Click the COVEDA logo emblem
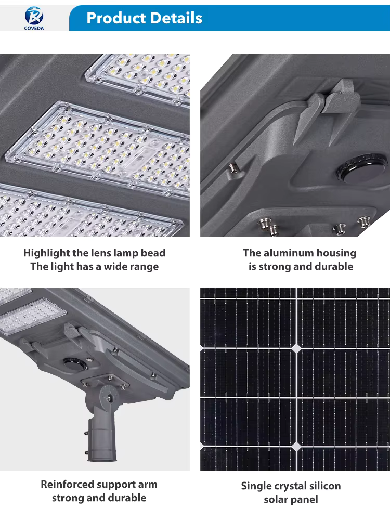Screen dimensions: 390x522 [x=34, y=16]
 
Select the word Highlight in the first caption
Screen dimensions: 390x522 [x=46, y=253]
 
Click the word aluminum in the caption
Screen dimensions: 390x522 [x=288, y=253]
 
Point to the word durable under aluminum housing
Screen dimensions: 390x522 [x=334, y=266]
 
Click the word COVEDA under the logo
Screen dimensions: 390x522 [x=34, y=28]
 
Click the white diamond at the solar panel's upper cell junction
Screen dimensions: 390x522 [x=296, y=348]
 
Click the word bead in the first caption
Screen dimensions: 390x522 [x=153, y=253]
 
